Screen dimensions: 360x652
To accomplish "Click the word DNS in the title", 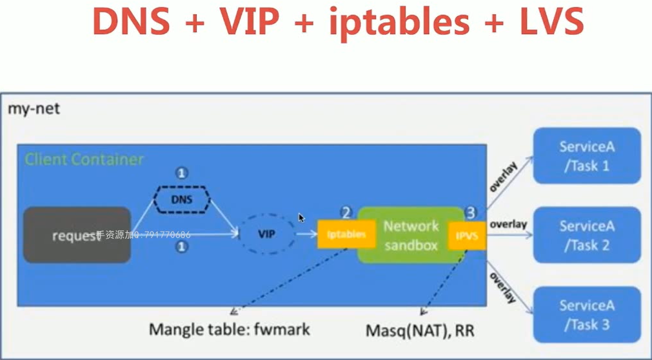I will point(132,21).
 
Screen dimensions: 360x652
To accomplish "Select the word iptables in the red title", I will point(398,21).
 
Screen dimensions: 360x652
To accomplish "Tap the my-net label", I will point(34,108).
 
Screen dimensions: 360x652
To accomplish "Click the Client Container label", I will point(84,159).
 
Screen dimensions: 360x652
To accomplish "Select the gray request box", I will point(77,235).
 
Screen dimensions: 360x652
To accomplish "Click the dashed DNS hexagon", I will point(182,199).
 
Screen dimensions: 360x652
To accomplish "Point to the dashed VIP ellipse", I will point(266,234).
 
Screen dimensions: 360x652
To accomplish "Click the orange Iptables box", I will point(346,234).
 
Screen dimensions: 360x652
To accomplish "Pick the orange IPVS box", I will point(468,236).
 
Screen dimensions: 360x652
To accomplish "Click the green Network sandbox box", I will point(410,235).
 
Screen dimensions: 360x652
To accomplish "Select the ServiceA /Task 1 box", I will point(587,156).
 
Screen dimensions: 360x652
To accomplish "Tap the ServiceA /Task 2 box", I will point(587,235).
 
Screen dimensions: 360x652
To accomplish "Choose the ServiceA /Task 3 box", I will point(587,315).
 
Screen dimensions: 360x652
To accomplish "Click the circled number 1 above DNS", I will point(182,173).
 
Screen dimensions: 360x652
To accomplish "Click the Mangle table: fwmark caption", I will point(230,329).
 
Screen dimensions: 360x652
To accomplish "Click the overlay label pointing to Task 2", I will point(508,225).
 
